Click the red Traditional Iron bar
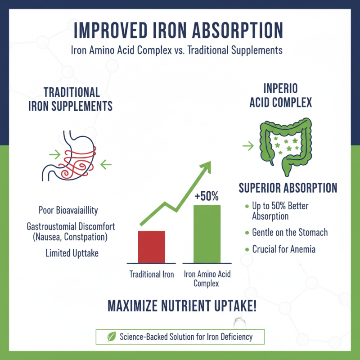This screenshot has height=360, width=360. pyautogui.click(x=152, y=246)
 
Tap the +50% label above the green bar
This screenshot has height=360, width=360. pyautogui.click(x=207, y=196)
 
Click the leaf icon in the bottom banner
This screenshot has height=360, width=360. pyautogui.click(x=111, y=336)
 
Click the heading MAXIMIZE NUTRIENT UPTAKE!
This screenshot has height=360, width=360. pyautogui.click(x=182, y=306)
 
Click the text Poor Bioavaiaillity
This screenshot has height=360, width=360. pyautogui.click(x=68, y=210)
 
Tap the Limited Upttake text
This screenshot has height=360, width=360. pyautogui.click(x=72, y=253)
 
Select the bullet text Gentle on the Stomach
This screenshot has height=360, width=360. pyautogui.click(x=290, y=233)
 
